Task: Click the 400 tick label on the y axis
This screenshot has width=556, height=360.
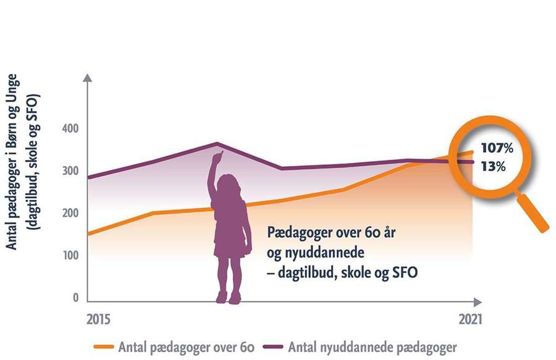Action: pyautogui.click(x=70, y=128)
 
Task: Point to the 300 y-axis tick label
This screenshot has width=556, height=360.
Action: pyautogui.click(x=70, y=171)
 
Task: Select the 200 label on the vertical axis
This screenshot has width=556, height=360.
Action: pyautogui.click(x=70, y=213)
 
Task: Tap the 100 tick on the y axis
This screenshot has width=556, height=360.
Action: pyautogui.click(x=70, y=256)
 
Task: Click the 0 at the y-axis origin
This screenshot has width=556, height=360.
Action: pyautogui.click(x=75, y=298)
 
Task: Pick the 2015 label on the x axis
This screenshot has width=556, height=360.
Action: pyautogui.click(x=98, y=319)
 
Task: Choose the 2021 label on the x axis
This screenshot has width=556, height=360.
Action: pyautogui.click(x=471, y=319)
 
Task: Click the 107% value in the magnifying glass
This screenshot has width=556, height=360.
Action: pyautogui.click(x=497, y=148)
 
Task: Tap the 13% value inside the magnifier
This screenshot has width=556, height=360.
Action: pyautogui.click(x=493, y=166)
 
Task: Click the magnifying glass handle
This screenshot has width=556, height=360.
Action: pyautogui.click(x=532, y=212)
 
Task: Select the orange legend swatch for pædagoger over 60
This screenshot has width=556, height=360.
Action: pyautogui.click(x=104, y=347)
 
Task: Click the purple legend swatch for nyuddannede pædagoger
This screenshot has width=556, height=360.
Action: pyautogui.click(x=273, y=347)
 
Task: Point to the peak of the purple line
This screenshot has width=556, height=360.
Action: pyautogui.click(x=217, y=143)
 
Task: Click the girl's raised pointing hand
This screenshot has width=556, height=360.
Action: pyautogui.click(x=217, y=157)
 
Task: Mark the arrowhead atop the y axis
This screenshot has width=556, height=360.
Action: pyautogui.click(x=87, y=78)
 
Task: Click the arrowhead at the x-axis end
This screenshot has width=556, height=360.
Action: pyautogui.click(x=478, y=302)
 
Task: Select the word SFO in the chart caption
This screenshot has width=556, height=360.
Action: pyautogui.click(x=405, y=272)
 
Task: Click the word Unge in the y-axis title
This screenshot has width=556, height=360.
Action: pyautogui.click(x=11, y=88)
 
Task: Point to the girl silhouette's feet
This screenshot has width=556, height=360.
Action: pyautogui.click(x=227, y=298)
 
